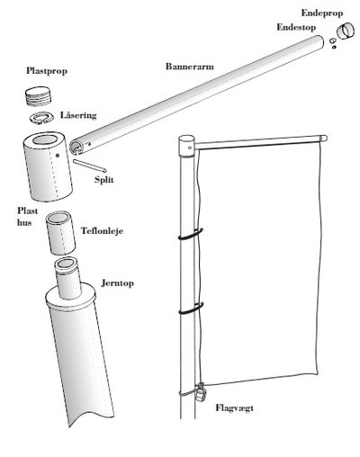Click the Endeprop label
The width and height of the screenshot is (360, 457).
tap(322, 13)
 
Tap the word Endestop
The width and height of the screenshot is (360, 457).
tap(296, 27)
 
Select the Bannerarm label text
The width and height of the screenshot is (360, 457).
tap(190, 67)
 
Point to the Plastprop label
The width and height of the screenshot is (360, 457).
tap(47, 71)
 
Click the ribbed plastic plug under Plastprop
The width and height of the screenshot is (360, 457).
tap(38, 96)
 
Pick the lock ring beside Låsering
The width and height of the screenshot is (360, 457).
tap(41, 118)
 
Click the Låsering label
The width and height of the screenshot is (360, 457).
tap(78, 115)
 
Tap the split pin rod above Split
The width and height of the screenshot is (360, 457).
tap(89, 166)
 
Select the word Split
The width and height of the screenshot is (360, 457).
tap(103, 180)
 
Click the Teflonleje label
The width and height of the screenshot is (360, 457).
tap(102, 231)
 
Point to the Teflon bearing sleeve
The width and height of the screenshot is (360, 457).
tap(60, 233)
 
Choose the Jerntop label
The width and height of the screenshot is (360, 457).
tap(117, 283)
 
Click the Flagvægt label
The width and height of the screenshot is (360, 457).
tap(234, 408)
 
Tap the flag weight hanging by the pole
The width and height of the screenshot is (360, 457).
tap(200, 392)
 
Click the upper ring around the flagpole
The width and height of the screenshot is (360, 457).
tap(191, 234)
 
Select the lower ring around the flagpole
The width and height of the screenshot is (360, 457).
tap(191, 309)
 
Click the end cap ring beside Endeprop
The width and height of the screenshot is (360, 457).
tap(346, 31)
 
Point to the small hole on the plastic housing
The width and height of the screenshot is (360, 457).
tap(58, 156)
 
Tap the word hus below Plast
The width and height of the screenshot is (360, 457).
tap(24, 222)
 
